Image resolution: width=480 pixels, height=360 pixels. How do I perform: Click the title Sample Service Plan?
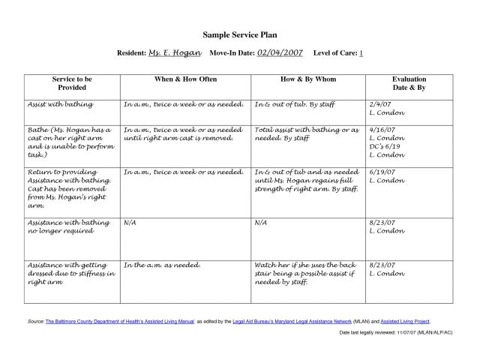point(239,35)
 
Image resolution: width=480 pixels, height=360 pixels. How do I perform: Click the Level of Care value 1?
point(361,54)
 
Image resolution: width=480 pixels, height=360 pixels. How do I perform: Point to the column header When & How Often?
point(184,79)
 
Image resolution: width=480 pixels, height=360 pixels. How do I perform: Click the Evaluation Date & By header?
point(409,82)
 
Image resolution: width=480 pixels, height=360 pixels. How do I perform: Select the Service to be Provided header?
point(72,82)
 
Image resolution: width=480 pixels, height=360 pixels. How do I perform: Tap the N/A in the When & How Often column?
point(130,223)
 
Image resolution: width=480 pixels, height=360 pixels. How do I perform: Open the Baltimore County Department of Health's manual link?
point(119,321)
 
